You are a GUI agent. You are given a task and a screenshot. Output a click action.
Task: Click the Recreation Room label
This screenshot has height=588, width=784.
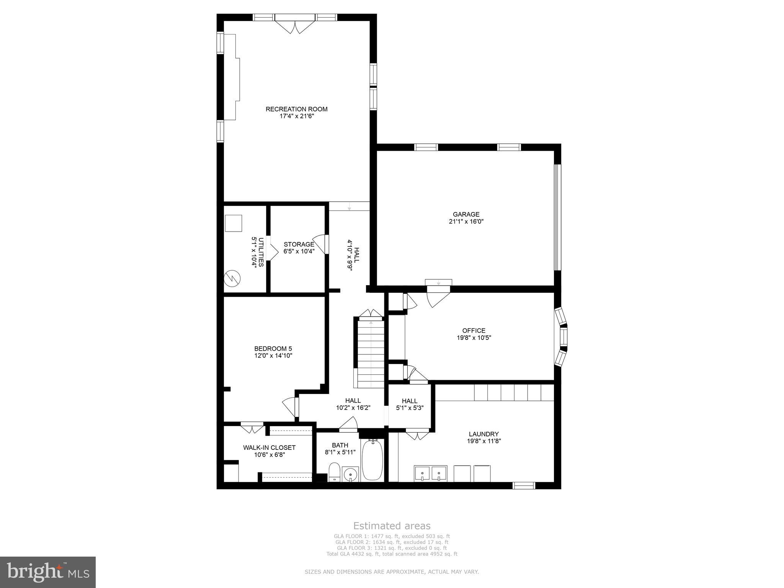(296, 109)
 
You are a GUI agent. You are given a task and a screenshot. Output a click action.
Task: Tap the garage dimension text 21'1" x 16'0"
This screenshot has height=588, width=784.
(466, 221)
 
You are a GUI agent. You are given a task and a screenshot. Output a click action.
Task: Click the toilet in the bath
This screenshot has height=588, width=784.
(334, 472)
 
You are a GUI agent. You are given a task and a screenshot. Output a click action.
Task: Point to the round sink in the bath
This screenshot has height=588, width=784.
(350, 474)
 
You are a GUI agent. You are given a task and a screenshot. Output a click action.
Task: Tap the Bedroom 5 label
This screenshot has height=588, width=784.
(273, 348)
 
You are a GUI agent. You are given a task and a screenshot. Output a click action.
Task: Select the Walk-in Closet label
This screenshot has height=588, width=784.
(269, 448)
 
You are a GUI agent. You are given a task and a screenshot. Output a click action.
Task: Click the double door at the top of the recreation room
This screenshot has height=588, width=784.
(295, 27)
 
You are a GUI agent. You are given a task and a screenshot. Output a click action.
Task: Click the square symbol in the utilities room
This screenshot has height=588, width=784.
(233, 223)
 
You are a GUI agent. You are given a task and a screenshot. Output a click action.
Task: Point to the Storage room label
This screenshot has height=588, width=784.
(299, 244)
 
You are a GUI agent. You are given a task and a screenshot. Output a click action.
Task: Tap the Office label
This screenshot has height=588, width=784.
(474, 331)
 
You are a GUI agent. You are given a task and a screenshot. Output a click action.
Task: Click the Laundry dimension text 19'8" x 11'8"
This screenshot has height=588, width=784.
(483, 441)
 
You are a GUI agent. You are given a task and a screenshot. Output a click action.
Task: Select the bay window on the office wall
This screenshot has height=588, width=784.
(562, 336)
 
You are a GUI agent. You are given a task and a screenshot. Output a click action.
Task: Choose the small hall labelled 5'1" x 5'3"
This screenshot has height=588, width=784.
(410, 404)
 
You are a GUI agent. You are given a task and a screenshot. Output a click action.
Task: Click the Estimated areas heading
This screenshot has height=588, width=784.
(392, 526)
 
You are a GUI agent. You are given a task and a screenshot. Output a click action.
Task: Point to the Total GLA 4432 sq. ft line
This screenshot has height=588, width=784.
(392, 554)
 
